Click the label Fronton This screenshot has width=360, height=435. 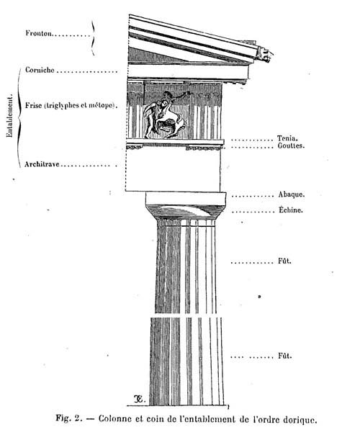click(x=39, y=33)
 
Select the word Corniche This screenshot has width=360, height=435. click(x=40, y=70)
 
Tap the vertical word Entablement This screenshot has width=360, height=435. click(x=9, y=116)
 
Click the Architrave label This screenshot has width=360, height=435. click(x=42, y=164)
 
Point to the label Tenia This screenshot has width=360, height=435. click(x=287, y=138)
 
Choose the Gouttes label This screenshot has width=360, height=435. click(x=291, y=145)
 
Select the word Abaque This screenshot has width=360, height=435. click(x=292, y=194)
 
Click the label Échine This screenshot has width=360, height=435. click(x=290, y=210)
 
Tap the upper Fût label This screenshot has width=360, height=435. click(x=284, y=261)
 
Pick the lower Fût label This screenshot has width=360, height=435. click(x=285, y=356)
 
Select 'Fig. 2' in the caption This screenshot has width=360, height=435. click(x=69, y=418)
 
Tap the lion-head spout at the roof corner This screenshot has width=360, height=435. click(x=264, y=54)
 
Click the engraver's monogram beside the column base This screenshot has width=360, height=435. click(x=138, y=399)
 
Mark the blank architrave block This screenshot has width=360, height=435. click(x=173, y=170)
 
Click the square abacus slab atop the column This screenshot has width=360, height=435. click(x=186, y=198)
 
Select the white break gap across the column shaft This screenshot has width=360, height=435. click(x=186, y=315)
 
